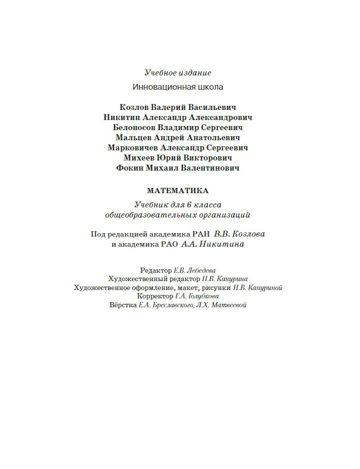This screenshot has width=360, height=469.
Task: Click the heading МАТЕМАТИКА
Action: click(178, 191)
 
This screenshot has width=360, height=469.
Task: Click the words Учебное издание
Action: click(178, 73)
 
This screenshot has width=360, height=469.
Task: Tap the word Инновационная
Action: click(160, 87)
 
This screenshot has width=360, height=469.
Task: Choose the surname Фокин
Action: click(131, 168)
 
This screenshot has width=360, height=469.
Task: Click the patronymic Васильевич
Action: click(212, 107)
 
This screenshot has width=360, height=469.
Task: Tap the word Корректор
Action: click(155, 296)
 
